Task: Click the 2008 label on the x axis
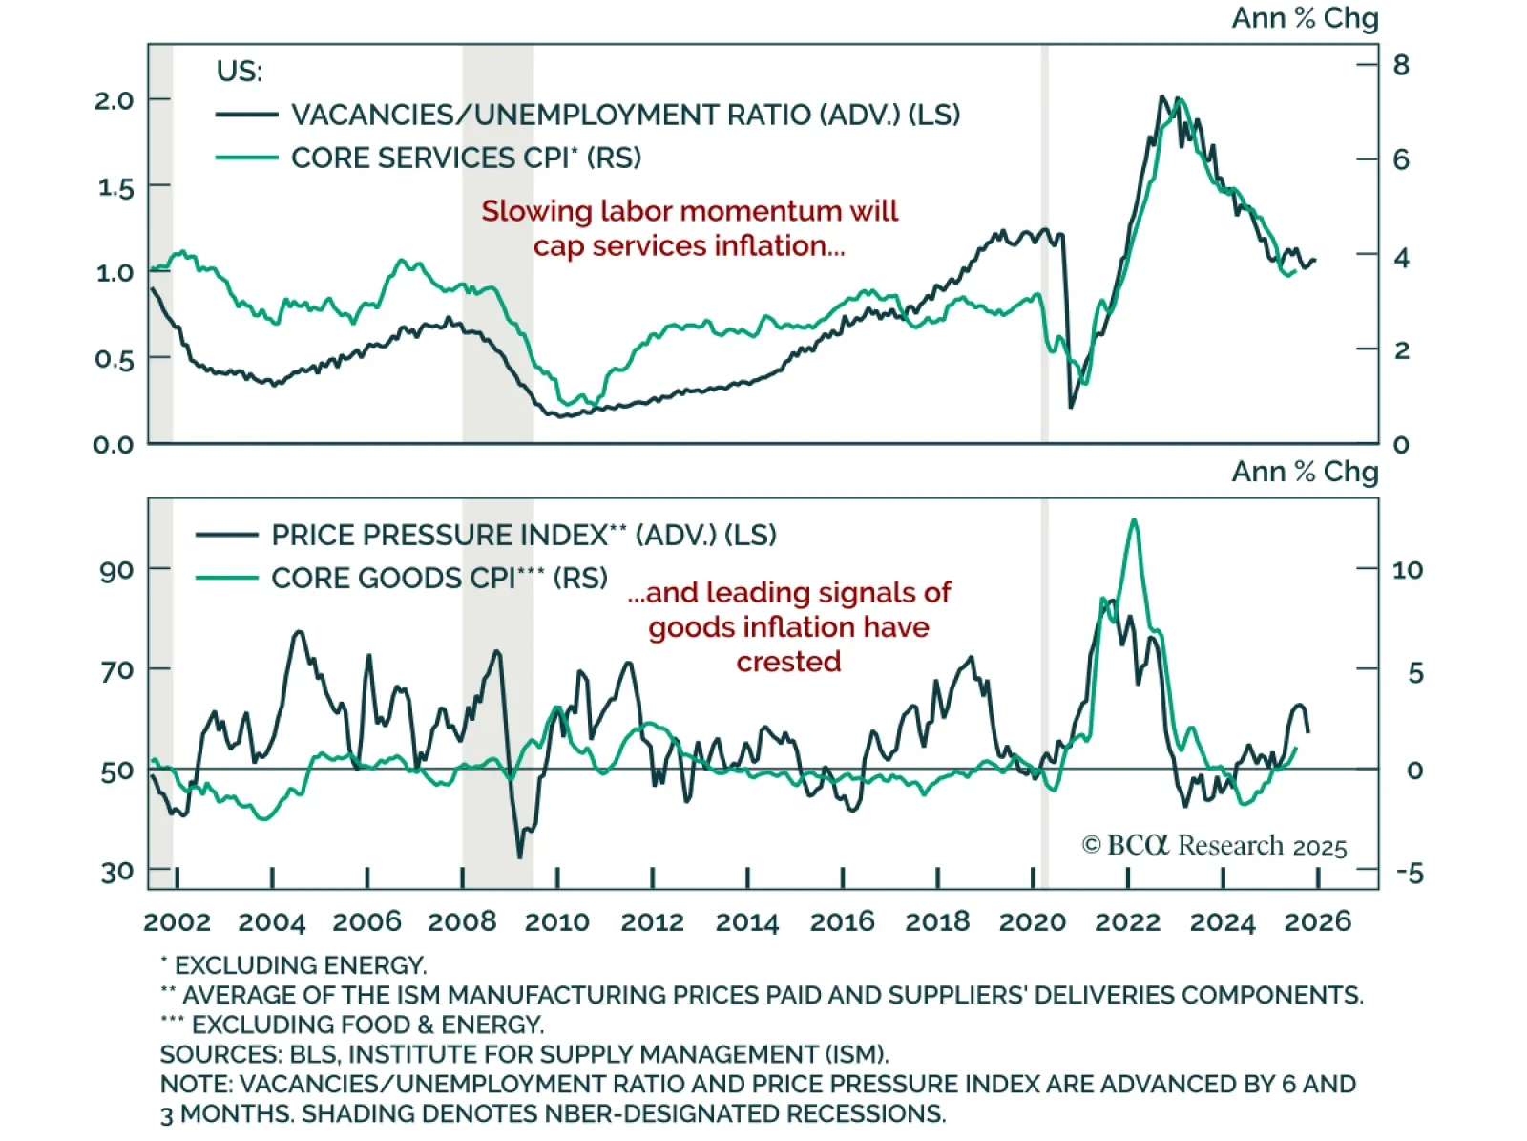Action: coord(462,921)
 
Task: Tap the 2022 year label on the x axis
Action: coord(1128,921)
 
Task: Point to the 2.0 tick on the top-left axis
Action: coord(114,100)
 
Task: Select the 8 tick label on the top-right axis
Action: coord(1401,65)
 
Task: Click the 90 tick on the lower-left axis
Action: coord(117,571)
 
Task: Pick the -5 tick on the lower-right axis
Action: coord(1408,873)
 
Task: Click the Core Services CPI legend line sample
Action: coord(246,158)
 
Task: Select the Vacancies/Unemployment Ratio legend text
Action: coord(625,115)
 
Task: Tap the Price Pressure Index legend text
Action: coord(523,535)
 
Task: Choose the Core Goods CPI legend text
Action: coord(439,579)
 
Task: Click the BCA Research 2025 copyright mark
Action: coord(1214,846)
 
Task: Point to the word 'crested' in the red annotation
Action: coord(788,662)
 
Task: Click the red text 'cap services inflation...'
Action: coord(689,246)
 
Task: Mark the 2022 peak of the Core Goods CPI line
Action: coord(1134,520)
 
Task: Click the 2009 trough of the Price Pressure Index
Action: coord(520,856)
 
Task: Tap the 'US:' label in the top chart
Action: coord(239,72)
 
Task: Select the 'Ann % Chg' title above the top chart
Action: coord(1305,18)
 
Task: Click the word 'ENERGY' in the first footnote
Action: coord(374,965)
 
